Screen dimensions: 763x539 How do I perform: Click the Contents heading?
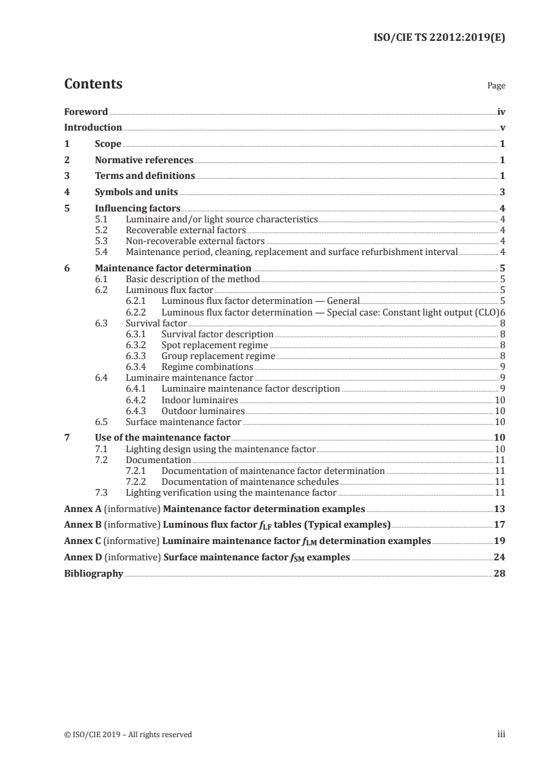pos(93,84)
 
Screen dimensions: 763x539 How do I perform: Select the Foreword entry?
pos(86,112)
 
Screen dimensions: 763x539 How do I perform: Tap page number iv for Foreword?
pos(501,112)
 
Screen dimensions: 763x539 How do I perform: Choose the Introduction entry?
pos(93,127)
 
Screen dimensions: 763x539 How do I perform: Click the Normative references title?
pos(144,160)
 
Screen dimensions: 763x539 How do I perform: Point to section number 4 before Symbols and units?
pos(67,192)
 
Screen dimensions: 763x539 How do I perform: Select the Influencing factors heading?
pos(137,209)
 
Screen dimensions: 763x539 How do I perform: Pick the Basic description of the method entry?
pos(193,279)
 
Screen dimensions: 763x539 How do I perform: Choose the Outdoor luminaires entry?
pos(203,411)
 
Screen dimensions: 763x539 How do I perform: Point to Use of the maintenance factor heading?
pos(162,437)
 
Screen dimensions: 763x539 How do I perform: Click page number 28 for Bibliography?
pos(500,574)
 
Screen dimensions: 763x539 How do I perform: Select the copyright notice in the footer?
pos(128,734)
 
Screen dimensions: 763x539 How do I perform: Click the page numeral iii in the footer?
pos(502,734)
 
